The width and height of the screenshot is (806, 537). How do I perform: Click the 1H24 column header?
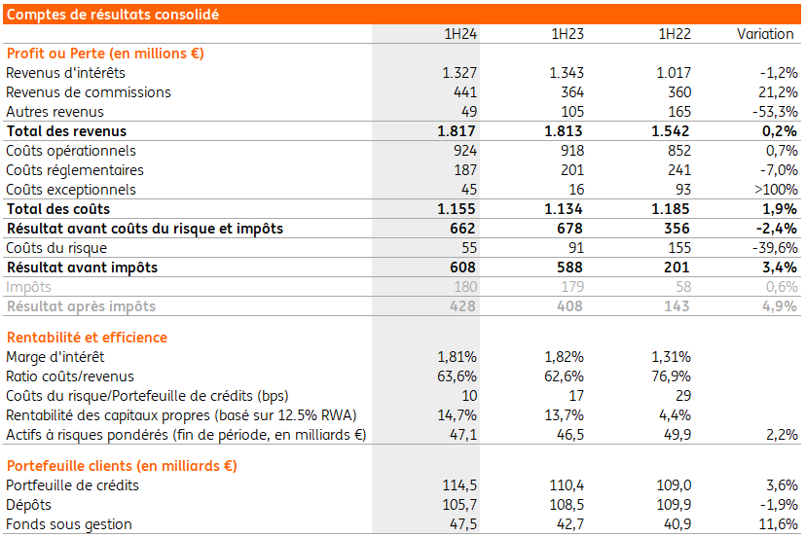(459, 34)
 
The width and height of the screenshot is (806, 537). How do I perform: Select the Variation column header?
(765, 34)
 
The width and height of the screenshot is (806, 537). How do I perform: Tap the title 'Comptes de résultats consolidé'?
(112, 14)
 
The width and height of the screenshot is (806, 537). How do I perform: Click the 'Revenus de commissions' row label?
(89, 92)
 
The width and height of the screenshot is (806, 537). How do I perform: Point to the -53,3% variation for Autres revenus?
(774, 112)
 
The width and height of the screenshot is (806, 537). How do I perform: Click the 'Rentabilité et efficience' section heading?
(87, 338)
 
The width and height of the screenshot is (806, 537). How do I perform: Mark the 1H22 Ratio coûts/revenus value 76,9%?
(671, 376)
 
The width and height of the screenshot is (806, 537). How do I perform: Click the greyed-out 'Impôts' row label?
(29, 287)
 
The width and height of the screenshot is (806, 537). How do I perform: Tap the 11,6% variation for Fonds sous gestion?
(778, 524)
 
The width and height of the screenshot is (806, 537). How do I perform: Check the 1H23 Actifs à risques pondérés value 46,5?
(568, 435)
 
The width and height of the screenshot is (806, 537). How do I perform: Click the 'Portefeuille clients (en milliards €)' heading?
(122, 466)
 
